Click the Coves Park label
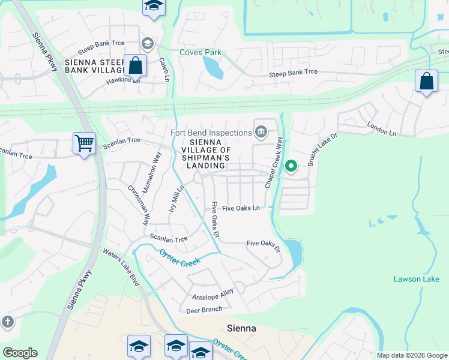tap(200, 52)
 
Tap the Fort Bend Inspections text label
tap(211, 133)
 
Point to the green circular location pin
tap(291, 166)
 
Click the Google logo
tap(20, 353)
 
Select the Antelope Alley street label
tap(212, 297)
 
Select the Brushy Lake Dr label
tap(319, 152)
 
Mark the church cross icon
tap(7, 322)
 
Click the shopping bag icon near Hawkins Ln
tap(135, 65)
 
